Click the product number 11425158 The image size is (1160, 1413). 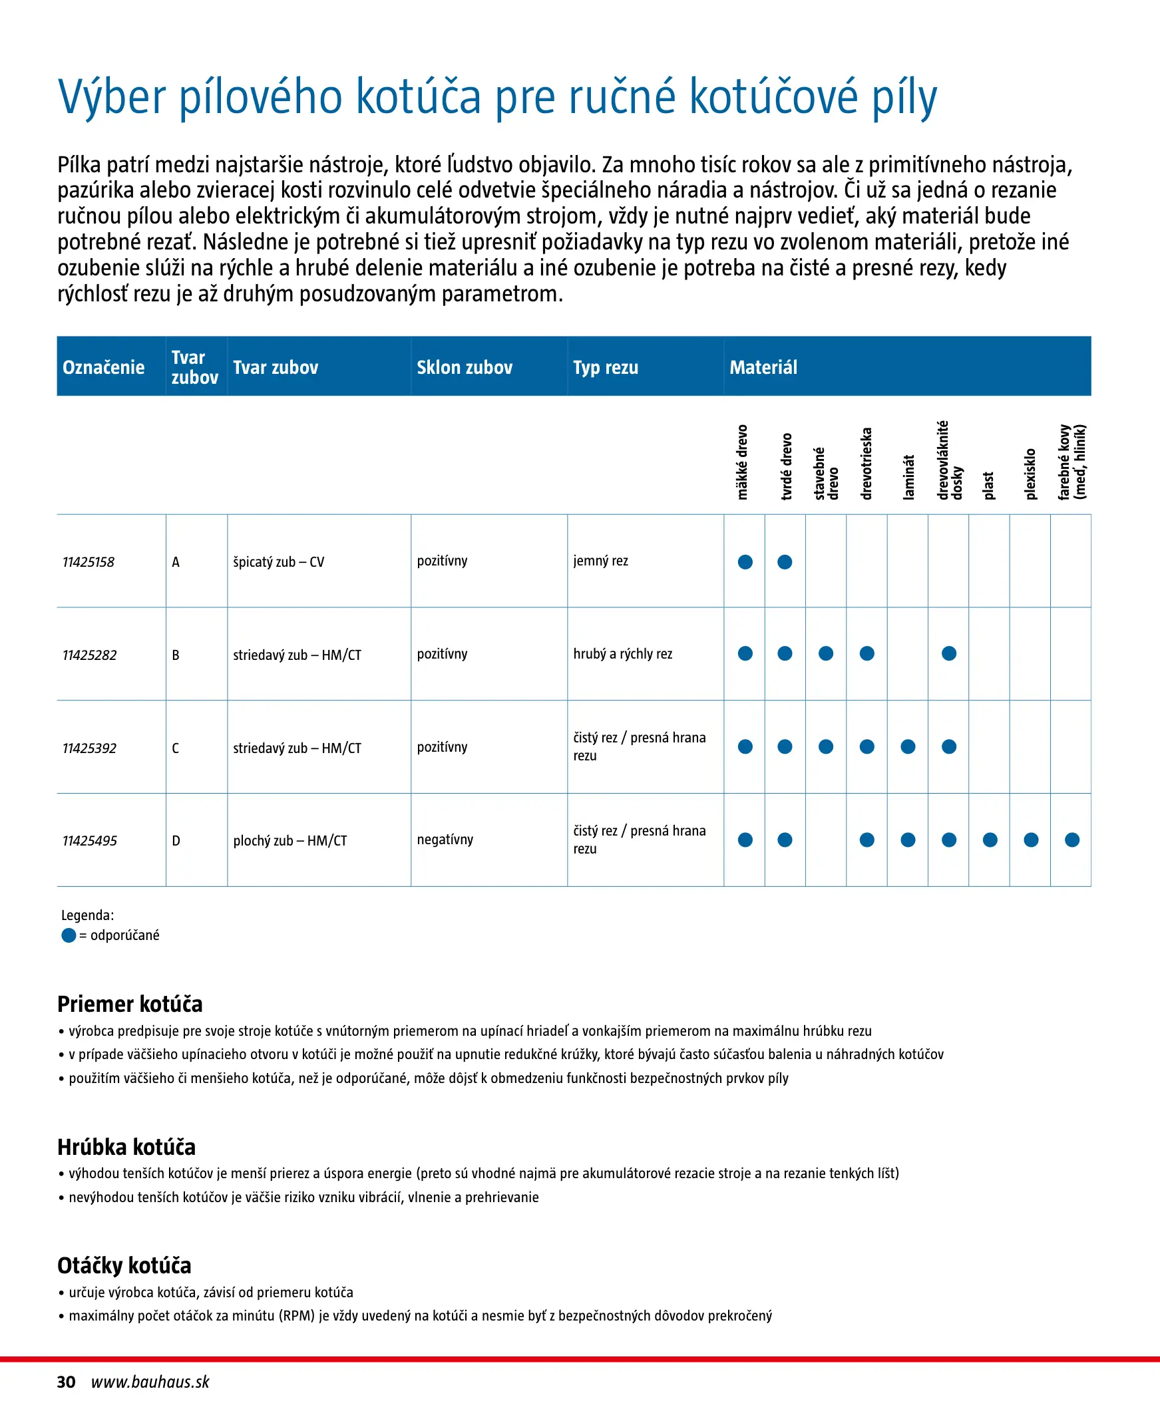[89, 562]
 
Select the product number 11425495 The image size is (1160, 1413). [90, 841]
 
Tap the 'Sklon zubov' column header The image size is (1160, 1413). [465, 367]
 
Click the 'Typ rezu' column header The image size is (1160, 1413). [606, 367]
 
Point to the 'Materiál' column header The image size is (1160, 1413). [763, 367]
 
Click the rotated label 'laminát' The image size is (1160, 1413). [907, 477]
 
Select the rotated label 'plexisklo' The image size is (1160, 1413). [1030, 474]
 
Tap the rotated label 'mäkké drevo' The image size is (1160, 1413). [742, 462]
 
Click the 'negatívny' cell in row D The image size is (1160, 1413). [445, 840]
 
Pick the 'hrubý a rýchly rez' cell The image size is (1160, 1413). [623, 654]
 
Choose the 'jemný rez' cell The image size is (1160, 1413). [601, 561]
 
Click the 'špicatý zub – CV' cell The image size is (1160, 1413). [279, 562]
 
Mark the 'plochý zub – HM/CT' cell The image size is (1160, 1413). [290, 841]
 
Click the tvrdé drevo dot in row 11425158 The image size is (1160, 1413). [785, 562]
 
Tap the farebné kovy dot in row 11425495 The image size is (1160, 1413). [1072, 840]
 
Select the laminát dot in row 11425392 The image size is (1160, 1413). [908, 746]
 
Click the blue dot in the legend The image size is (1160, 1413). [69, 935]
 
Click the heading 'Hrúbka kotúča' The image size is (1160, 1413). [126, 1147]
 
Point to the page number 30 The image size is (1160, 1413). [66, 1382]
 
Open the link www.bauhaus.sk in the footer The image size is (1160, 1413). [150, 1382]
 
